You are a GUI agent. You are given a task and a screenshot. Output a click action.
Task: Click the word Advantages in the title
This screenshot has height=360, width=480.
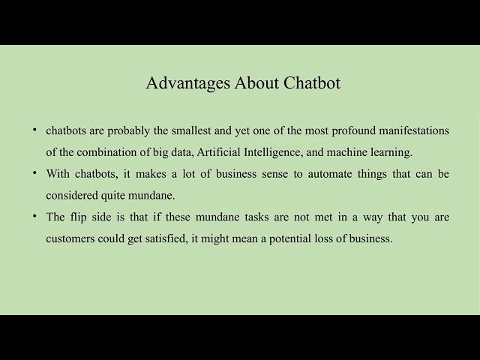point(178,83)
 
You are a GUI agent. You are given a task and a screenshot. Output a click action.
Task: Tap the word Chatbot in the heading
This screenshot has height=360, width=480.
point(312,83)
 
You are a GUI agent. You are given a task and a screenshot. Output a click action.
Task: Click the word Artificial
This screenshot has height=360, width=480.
point(220,152)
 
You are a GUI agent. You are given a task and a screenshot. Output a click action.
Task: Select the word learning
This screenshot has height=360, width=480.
point(390,152)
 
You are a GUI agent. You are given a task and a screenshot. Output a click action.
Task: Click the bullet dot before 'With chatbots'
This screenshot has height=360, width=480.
point(35,173)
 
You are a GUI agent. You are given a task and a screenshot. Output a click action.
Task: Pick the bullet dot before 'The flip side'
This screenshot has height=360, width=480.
point(35,217)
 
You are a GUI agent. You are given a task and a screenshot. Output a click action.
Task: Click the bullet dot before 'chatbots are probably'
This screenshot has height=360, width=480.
point(35,130)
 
